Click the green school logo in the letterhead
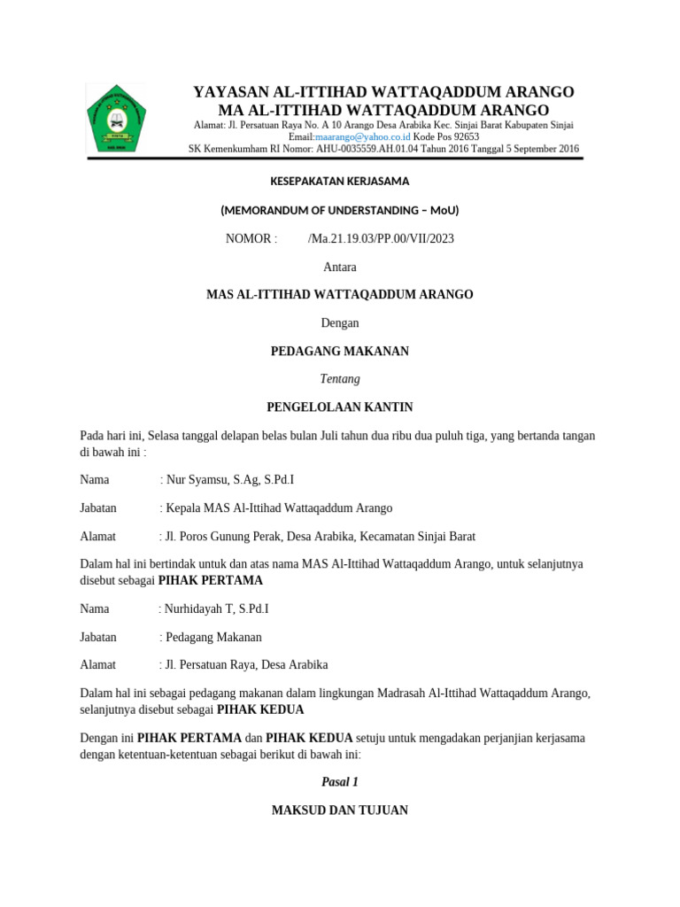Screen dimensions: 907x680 coord(116,118)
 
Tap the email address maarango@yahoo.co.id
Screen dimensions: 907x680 coord(363,137)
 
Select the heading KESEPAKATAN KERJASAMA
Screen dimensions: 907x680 coord(339,182)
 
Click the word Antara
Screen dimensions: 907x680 coord(340,267)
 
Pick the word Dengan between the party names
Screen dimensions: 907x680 coord(340,323)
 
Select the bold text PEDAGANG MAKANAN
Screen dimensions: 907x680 coord(339,352)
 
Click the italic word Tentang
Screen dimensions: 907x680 coord(340,379)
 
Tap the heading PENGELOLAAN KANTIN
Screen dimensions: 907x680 coord(340,407)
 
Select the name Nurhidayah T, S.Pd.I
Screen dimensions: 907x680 coord(214,609)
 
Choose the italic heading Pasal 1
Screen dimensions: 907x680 coord(340,782)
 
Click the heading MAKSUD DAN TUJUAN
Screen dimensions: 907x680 coord(340,810)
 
